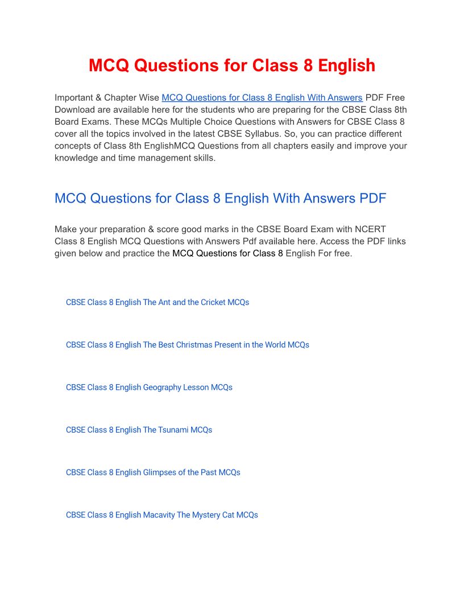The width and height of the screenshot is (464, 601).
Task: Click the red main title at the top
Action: point(232,65)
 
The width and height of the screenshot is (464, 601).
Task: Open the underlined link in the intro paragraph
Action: point(262,97)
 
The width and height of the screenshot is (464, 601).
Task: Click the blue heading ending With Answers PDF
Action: point(221,198)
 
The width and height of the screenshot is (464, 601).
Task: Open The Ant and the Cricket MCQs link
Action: point(158,302)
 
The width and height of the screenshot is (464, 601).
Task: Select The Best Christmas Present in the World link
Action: point(188,345)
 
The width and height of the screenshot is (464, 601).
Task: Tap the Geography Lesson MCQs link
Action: point(149,388)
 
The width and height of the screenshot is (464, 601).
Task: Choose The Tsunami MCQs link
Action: point(139,430)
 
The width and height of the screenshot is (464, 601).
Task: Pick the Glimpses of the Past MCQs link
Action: point(153,472)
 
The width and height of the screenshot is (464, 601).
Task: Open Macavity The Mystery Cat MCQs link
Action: point(162,515)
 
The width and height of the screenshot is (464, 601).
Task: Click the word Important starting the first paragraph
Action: point(77,97)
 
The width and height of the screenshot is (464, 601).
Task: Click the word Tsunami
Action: point(173,430)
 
